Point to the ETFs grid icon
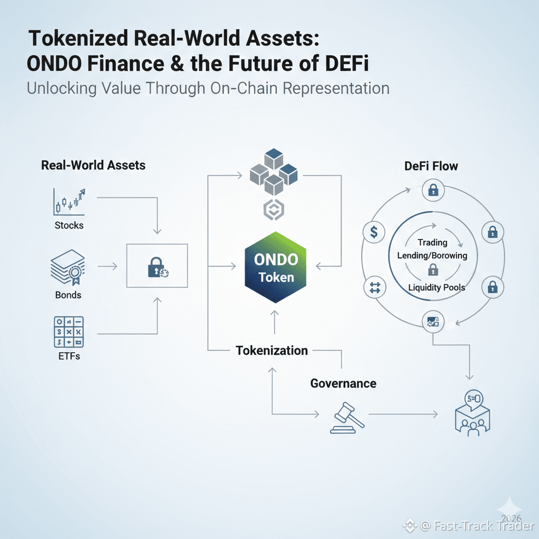coord(69,332)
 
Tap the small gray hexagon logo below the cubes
coord(273,209)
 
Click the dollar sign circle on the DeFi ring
coord(374,232)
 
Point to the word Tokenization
coord(272,351)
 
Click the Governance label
coord(343,383)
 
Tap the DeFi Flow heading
coord(431,166)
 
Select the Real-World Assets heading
coord(93,165)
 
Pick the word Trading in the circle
coord(432,243)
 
